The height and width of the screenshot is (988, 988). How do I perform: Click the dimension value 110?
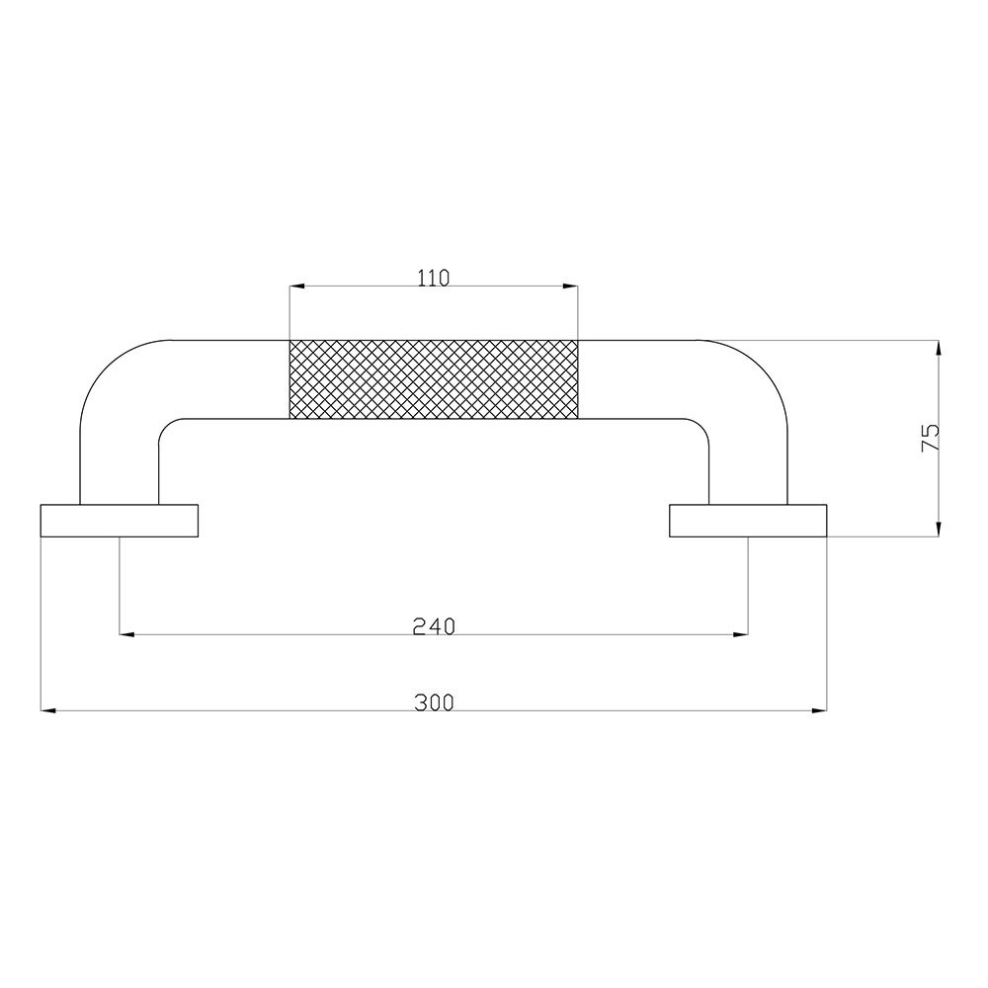[x=434, y=278]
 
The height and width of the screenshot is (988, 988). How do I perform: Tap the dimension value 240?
[x=434, y=626]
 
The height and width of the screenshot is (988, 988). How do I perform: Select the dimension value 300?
[x=434, y=702]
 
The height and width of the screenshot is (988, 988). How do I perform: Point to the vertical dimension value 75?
[x=930, y=438]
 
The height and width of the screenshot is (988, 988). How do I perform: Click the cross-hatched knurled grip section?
[x=434, y=378]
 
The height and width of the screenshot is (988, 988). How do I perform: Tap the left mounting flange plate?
[x=120, y=521]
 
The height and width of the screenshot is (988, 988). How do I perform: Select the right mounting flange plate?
[x=748, y=521]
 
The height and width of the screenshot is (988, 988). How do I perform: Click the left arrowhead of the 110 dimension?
[x=296, y=287]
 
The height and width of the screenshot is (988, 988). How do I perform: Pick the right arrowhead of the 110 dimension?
[x=570, y=287]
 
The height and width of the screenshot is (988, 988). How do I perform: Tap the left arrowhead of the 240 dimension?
[x=126, y=634]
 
